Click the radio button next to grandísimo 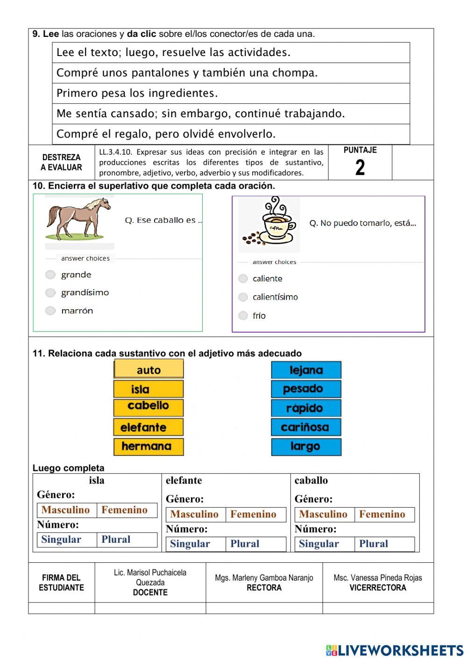click(x=50, y=293)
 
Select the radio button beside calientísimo click(x=243, y=297)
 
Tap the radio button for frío click(x=243, y=316)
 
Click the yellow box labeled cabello click(x=149, y=407)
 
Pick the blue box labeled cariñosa click(x=306, y=427)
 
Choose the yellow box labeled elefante click(x=149, y=427)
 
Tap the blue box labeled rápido click(x=306, y=408)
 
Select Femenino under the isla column click(x=124, y=510)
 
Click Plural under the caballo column click(x=374, y=544)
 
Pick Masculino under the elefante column click(x=194, y=514)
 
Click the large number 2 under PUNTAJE click(x=360, y=168)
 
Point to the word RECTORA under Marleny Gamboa click(x=264, y=588)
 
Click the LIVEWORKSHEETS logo click(x=395, y=650)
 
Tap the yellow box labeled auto click(x=149, y=369)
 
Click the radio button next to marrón click(x=50, y=311)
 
